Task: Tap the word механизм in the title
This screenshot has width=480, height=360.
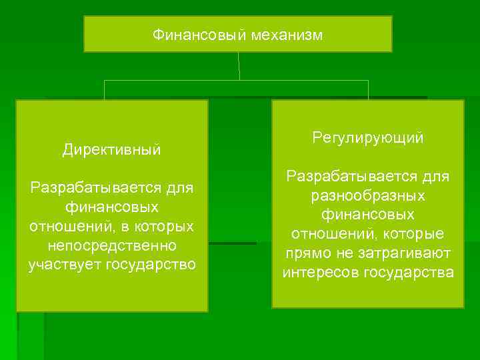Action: point(287,35)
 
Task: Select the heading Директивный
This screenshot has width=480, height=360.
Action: point(112,150)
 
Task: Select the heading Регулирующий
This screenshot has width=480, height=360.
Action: point(367,138)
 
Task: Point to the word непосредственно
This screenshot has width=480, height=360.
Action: point(112,246)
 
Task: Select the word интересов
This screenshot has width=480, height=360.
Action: point(316,273)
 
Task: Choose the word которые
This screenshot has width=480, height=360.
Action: point(417,234)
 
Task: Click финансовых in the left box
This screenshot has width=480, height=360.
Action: point(112,207)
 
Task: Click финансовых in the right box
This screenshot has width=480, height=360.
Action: point(368,215)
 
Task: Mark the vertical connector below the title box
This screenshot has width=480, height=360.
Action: point(239,66)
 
